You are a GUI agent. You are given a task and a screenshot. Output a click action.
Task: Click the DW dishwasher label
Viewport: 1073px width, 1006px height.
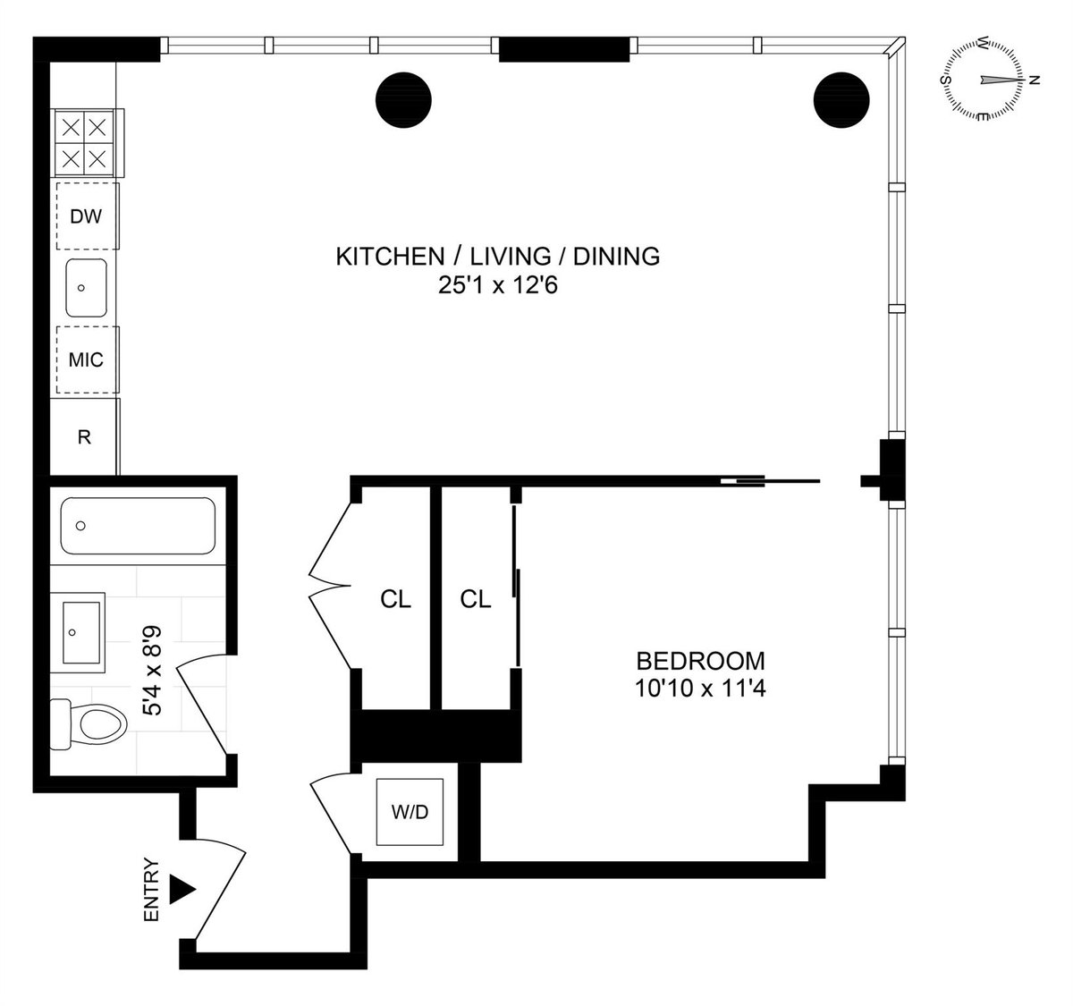pos(87,216)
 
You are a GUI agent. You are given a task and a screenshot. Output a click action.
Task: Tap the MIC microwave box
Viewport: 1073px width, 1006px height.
pos(87,359)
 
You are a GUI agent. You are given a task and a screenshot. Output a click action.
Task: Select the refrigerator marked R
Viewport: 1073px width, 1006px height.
pos(85,437)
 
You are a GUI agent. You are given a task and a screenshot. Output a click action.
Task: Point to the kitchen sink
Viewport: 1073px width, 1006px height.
pos(87,288)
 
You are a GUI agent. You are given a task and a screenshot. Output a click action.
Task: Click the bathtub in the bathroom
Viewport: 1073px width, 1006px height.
pos(138,526)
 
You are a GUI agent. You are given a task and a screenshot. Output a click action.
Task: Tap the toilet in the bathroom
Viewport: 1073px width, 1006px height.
pos(89,723)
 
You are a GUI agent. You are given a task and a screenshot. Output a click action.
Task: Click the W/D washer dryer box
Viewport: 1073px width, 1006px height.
pos(410,814)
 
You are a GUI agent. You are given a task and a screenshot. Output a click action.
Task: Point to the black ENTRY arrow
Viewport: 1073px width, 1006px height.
pos(182,889)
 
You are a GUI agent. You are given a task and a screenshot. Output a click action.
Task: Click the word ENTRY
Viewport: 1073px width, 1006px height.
pos(151,891)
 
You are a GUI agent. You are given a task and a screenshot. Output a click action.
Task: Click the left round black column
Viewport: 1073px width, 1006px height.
pos(402,98)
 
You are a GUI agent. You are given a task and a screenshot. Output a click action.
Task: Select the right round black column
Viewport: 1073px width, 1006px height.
pos(841,98)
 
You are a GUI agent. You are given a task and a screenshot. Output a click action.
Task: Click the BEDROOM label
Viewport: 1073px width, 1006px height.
pos(700,662)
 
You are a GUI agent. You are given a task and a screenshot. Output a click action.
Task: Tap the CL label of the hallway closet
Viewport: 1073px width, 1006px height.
pos(395,600)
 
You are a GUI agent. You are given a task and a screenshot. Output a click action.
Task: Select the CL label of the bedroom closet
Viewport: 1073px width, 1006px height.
pos(476,600)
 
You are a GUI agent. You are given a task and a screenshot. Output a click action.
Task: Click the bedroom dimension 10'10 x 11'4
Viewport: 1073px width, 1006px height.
pos(700,689)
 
